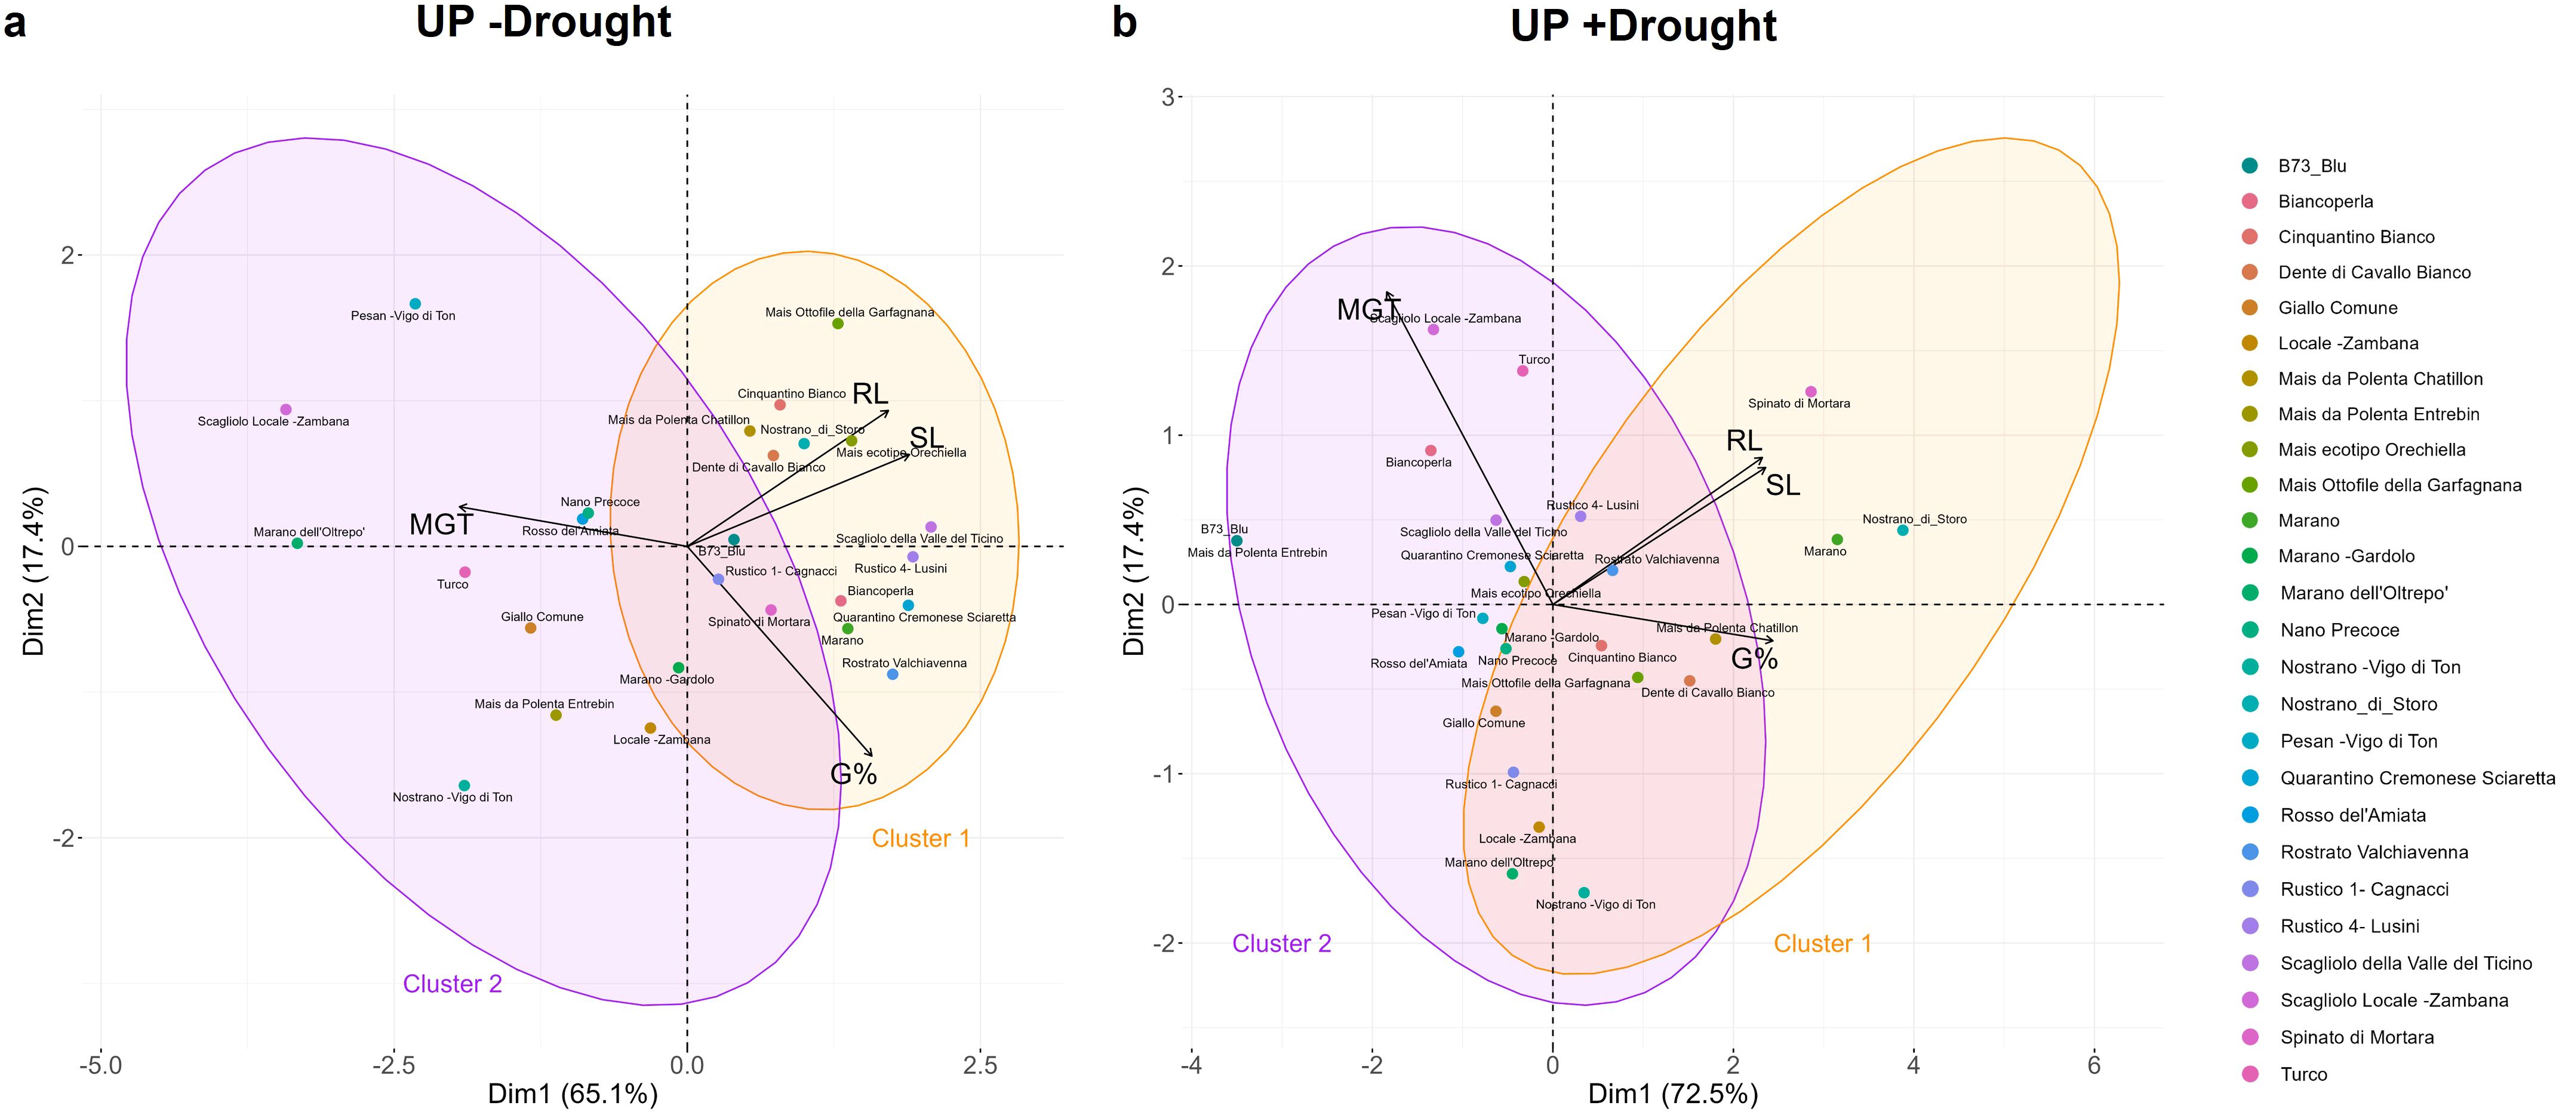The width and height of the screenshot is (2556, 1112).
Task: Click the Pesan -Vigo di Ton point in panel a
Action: coord(415,304)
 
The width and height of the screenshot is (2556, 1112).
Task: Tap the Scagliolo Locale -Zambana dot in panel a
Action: coord(286,409)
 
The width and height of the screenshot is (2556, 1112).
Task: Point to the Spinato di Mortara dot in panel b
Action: coord(1810,392)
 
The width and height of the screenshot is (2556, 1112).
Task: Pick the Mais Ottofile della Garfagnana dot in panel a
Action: coord(838,324)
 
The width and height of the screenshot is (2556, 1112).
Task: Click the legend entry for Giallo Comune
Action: coord(2337,307)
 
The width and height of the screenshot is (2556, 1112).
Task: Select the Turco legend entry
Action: coord(2302,1074)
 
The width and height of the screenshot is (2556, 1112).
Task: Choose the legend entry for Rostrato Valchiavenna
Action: coord(2373,852)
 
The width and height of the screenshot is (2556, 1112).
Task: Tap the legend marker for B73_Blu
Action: coord(2249,166)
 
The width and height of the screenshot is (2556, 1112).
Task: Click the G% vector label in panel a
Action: coord(853,774)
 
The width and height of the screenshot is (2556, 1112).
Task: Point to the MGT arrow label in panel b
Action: coord(1367,310)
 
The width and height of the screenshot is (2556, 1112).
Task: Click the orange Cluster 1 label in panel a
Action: coord(920,838)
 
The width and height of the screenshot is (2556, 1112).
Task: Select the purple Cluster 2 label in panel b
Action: coord(1281,943)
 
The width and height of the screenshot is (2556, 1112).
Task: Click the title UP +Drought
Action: coord(1643,26)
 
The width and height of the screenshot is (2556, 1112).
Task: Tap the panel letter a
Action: coord(15,22)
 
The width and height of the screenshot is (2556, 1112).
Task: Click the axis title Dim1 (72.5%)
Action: coord(1673,1094)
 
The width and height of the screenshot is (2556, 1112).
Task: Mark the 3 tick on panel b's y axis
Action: coord(1169,97)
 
